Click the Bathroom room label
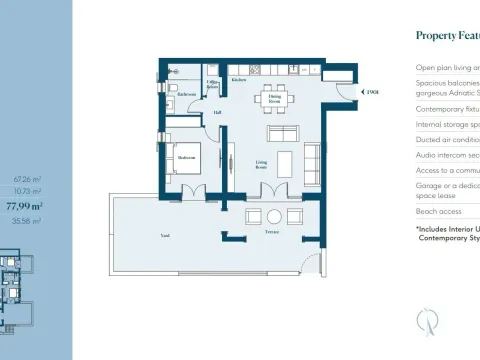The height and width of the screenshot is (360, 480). click(x=188, y=94)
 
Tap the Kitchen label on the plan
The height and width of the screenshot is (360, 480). click(x=239, y=80)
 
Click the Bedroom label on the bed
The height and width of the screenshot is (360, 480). click(x=187, y=157)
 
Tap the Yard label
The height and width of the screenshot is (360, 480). click(x=165, y=236)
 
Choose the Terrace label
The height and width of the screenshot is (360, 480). click(x=271, y=232)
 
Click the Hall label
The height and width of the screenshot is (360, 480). click(x=217, y=112)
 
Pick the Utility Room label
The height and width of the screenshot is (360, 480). click(x=212, y=87)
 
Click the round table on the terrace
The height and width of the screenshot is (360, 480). click(x=272, y=216)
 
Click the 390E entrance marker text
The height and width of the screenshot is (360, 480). click(x=373, y=93)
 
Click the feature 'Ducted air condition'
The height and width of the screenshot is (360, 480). click(x=447, y=140)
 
